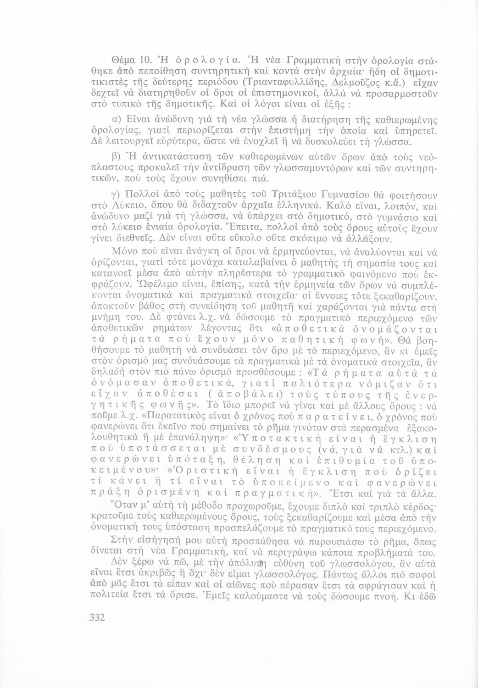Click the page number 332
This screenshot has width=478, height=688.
pos(98,617)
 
